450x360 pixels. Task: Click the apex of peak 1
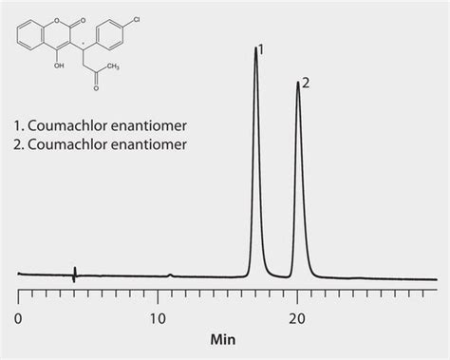[255, 49]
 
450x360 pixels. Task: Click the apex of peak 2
[298, 83]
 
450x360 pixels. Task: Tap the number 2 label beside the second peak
[306, 83]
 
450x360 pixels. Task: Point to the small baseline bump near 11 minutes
[170, 275]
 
